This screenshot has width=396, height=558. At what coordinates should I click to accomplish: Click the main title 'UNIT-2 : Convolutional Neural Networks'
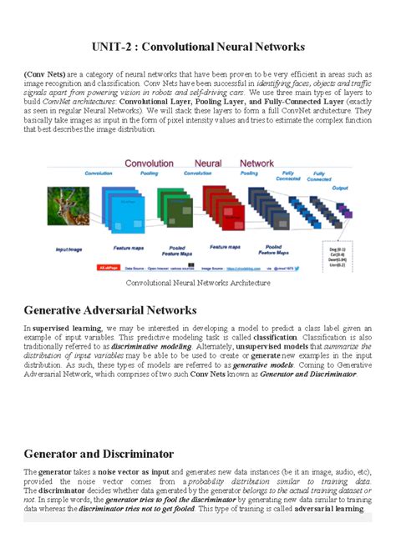(198, 46)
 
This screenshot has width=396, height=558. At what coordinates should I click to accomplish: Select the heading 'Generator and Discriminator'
(99, 454)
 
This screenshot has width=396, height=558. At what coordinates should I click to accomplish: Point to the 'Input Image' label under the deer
(73, 249)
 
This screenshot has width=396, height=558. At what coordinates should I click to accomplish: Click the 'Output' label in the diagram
(340, 189)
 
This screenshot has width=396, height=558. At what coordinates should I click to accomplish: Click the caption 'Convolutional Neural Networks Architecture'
(198, 283)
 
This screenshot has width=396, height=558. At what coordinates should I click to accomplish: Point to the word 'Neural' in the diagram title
(209, 163)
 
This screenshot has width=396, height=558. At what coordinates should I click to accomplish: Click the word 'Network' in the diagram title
(256, 163)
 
